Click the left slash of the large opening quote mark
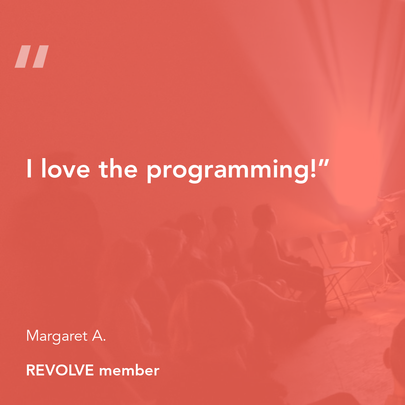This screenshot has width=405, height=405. point(23,57)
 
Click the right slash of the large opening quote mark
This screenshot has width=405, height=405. point(40,57)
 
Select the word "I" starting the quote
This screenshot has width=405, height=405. point(29,169)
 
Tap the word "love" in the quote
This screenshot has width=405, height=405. point(66,169)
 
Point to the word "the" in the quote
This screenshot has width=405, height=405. point(118,169)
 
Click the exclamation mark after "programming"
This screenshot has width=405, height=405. point(313,169)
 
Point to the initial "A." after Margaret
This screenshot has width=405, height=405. point(99,336)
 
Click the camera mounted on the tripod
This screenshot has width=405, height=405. point(383,221)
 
